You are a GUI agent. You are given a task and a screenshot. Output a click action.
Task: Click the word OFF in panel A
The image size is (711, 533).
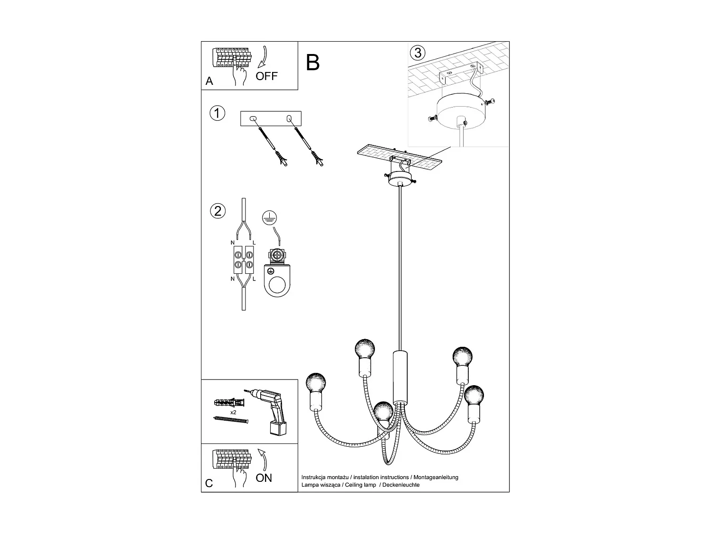point(266,76)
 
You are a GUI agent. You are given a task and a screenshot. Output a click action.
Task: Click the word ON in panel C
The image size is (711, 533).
point(264,478)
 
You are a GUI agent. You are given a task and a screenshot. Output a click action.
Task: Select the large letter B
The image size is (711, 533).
point(313,63)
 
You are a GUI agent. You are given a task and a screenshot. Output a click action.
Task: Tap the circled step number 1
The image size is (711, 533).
point(217,114)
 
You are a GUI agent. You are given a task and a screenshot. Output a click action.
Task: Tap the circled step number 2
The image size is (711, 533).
point(218,211)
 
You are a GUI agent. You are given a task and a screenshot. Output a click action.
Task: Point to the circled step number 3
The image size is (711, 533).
point(418,53)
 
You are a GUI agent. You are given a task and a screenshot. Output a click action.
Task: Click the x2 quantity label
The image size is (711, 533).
point(233,413)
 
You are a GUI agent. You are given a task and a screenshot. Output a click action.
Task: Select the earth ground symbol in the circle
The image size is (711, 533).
point(270,217)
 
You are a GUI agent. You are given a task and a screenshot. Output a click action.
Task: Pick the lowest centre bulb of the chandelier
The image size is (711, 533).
point(383,411)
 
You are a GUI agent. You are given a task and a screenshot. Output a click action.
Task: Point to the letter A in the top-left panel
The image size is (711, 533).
point(210,81)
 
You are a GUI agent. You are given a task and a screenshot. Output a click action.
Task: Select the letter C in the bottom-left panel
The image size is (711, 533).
point(209,483)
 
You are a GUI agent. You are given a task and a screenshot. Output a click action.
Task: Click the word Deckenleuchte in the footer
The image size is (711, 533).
point(401,485)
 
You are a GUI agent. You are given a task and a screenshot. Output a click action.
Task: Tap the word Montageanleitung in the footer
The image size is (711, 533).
point(436,478)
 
